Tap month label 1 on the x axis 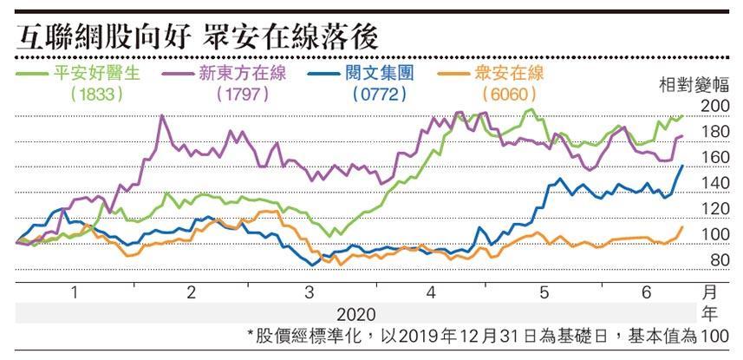coord(73,293)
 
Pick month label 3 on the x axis coord(310,293)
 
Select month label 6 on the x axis coord(646,293)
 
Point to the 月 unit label coord(709,293)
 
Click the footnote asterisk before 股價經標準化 coord(251,335)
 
